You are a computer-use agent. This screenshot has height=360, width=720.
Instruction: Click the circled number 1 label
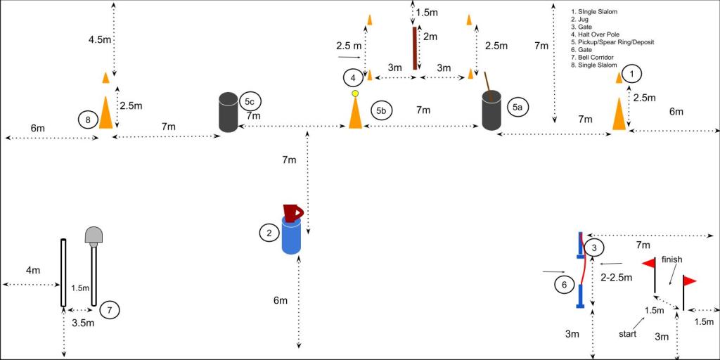pyautogui.click(x=633, y=72)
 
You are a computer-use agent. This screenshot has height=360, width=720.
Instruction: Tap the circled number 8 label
pyautogui.click(x=87, y=120)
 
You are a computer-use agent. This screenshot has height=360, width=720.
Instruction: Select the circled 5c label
pyautogui.click(x=249, y=102)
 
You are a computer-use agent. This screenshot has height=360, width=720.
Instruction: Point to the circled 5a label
pyautogui.click(x=517, y=107)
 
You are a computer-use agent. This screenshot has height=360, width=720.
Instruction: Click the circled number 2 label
pyautogui.click(x=269, y=232)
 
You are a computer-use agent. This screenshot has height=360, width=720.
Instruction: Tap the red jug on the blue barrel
pyautogui.click(x=292, y=212)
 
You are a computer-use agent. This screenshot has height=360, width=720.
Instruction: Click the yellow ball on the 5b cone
pyautogui.click(x=355, y=93)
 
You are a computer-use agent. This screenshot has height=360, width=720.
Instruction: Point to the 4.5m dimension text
pyautogui.click(x=101, y=39)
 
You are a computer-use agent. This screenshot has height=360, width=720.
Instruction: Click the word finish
pyautogui.click(x=671, y=259)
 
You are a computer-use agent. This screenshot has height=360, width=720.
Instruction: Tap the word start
pyautogui.click(x=628, y=334)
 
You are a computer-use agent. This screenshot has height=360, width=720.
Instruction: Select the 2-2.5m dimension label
pyautogui.click(x=617, y=278)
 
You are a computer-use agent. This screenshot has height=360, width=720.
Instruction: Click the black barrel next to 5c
pyautogui.click(x=228, y=112)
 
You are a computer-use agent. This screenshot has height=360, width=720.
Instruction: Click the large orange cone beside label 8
pyautogui.click(x=105, y=112)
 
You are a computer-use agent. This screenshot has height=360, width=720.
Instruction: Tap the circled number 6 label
pyautogui.click(x=564, y=285)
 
